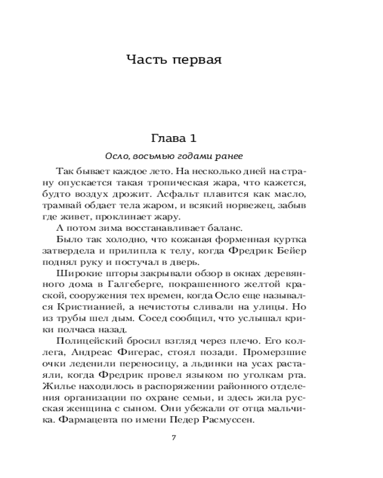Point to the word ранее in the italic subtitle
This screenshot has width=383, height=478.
[232, 157]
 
